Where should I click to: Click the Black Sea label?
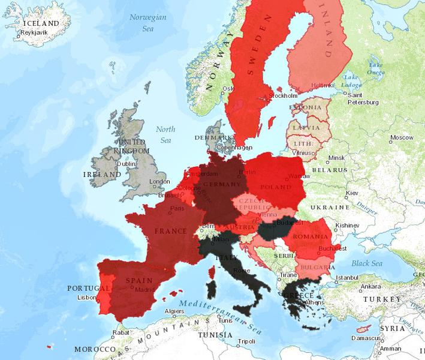pos(366,263)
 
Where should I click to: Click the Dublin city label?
pos(126,163)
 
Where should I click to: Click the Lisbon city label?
pos(87,297)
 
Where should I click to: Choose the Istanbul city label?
pos(346,278)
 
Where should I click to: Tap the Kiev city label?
pos(352,193)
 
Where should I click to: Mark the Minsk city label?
pos(337,158)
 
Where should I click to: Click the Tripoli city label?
pos(246,341)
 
